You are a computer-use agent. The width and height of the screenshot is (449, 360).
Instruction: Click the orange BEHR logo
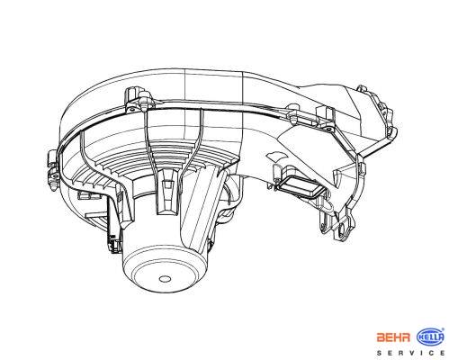pyautogui.click(x=393, y=337)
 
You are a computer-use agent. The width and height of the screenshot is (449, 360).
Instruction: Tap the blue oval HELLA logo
pyautogui.click(x=431, y=337)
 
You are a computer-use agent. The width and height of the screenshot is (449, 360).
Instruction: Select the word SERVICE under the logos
pyautogui.click(x=411, y=353)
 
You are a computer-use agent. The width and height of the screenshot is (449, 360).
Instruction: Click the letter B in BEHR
pyautogui.click(x=381, y=337)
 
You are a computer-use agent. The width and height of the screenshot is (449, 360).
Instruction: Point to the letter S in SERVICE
pyautogui.click(x=379, y=353)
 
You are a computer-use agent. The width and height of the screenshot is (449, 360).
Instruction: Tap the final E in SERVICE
pyautogui.click(x=443, y=353)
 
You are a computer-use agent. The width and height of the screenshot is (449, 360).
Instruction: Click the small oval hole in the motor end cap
pyautogui.click(x=164, y=279)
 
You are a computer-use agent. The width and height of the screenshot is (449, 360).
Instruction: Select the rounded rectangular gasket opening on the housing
pyautogui.click(x=301, y=187)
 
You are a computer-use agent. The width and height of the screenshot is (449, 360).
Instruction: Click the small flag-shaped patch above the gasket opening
pyautogui.click(x=275, y=157)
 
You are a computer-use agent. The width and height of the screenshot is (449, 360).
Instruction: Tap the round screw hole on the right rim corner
pyautogui.click(x=329, y=130)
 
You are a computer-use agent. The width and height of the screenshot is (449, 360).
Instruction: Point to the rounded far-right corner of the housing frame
pyautogui.click(x=393, y=133)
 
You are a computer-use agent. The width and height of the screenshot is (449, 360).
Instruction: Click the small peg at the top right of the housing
pyautogui.click(x=362, y=88)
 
